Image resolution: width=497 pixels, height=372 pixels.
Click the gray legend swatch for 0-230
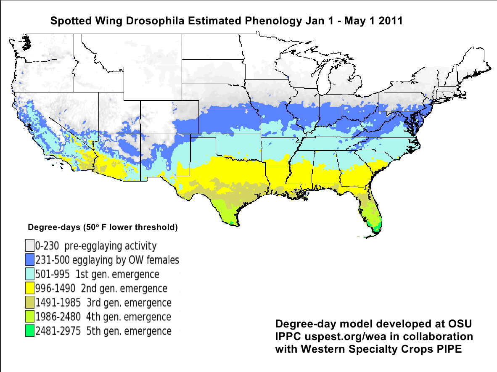pos(29,246)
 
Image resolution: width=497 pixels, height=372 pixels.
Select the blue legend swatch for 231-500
pos(29,260)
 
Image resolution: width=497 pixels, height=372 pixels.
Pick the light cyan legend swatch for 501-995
pos(29,274)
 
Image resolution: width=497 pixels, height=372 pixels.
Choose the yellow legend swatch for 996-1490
pos(29,288)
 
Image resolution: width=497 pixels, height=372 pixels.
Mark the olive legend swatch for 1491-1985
pos(29,303)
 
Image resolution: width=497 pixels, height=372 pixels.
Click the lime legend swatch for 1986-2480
pos(29,317)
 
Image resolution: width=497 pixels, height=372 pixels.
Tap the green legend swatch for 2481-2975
pos(29,331)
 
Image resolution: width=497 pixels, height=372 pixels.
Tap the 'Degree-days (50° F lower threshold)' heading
pos(102,227)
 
